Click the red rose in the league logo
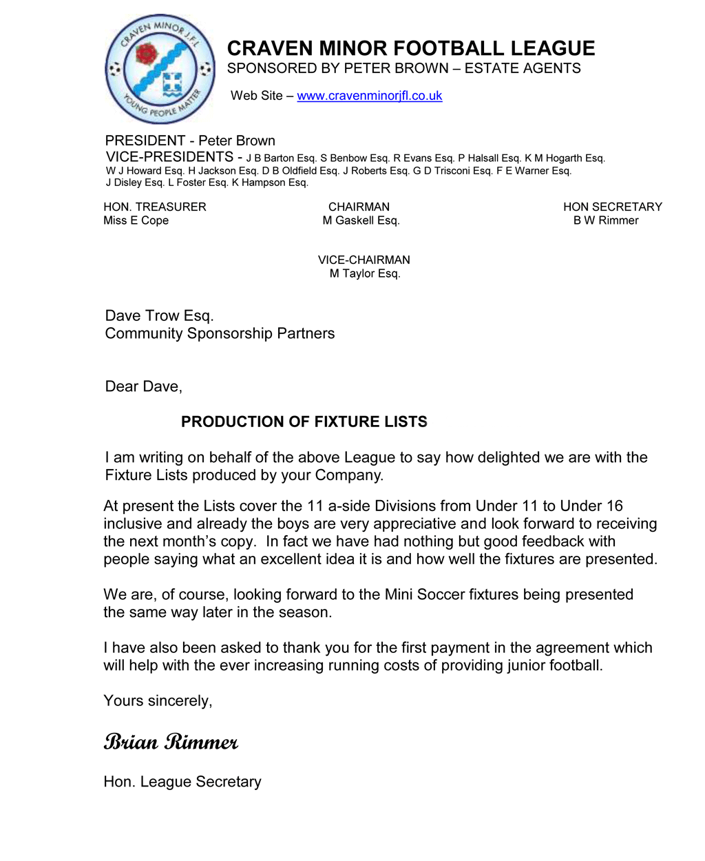(x=146, y=54)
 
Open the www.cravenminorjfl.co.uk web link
(x=369, y=96)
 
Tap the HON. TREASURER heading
(x=155, y=207)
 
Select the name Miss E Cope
(x=136, y=220)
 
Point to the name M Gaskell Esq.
(x=361, y=220)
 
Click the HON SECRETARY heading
(x=612, y=207)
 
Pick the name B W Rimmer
(x=606, y=220)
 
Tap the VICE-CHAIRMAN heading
(x=364, y=260)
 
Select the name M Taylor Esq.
(x=364, y=273)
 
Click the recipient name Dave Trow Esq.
(x=159, y=316)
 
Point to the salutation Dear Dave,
(x=143, y=386)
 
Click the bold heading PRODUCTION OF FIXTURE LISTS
(x=304, y=422)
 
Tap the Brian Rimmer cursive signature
(x=171, y=742)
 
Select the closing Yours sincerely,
(x=158, y=701)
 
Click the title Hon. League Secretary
(x=182, y=782)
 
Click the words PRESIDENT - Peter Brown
(x=190, y=141)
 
